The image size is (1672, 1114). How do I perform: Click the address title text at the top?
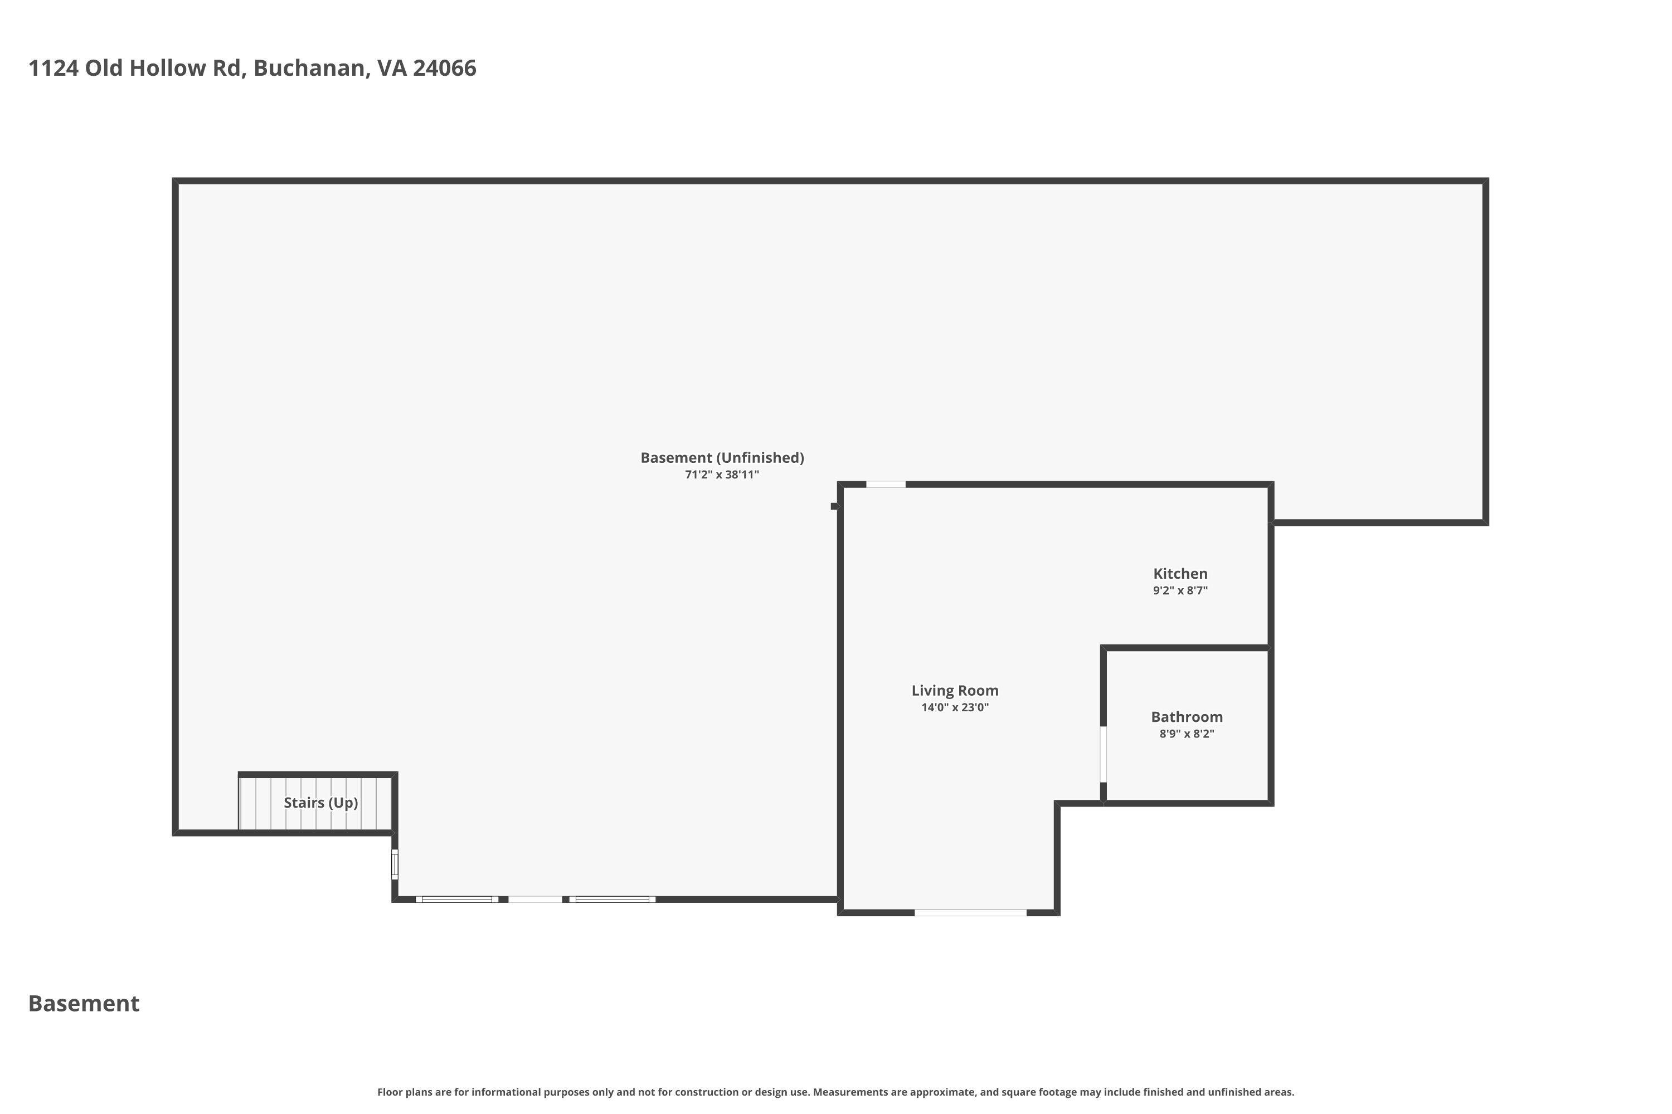coord(252,68)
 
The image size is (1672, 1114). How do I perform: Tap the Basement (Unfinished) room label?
coord(722,457)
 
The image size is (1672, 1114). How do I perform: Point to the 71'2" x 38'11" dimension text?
coord(722,475)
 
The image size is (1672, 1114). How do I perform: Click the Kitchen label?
coord(1179,573)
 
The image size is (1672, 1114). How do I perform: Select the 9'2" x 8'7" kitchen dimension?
coord(1179,590)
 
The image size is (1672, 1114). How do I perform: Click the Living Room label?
coord(955,691)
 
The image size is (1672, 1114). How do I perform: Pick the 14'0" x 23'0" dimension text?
coord(955,707)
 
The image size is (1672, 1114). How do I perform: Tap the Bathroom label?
coord(1187,717)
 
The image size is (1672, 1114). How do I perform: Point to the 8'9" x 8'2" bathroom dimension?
coord(1187,734)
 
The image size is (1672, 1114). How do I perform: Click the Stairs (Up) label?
coord(320,803)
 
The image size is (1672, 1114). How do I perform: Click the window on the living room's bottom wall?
coord(970,912)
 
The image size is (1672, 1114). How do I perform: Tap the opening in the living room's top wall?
coord(886,485)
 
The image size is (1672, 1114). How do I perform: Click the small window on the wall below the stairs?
coord(395,864)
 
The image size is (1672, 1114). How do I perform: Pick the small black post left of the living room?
coord(834,506)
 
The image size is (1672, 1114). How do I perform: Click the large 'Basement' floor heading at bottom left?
coord(84,1004)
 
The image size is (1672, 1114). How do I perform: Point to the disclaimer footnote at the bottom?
coord(835,1092)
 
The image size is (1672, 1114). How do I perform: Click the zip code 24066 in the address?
coord(444,68)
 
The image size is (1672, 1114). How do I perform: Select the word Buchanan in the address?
coord(310,68)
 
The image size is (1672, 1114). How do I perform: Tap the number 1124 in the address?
coord(54,68)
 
